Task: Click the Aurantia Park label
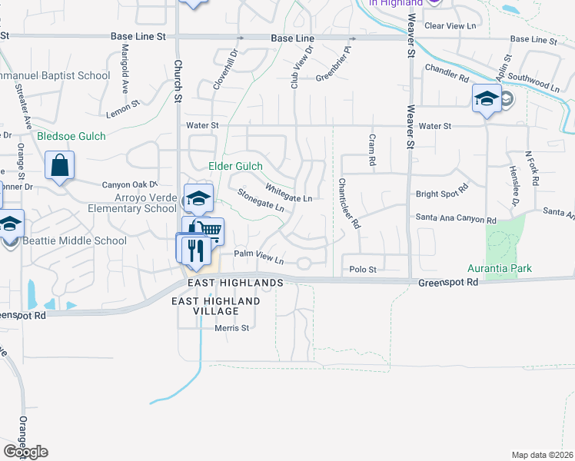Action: click(500, 269)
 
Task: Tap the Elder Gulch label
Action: click(236, 166)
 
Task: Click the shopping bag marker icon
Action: click(60, 166)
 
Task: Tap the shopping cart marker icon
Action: click(210, 230)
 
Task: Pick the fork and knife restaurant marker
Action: click(192, 248)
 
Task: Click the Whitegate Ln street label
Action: click(288, 193)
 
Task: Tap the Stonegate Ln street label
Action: click(261, 201)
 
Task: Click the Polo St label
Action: click(363, 269)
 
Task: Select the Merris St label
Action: click(234, 328)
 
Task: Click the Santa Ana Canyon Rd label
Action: click(456, 219)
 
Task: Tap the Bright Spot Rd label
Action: click(441, 191)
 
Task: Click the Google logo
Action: click(25, 451)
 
